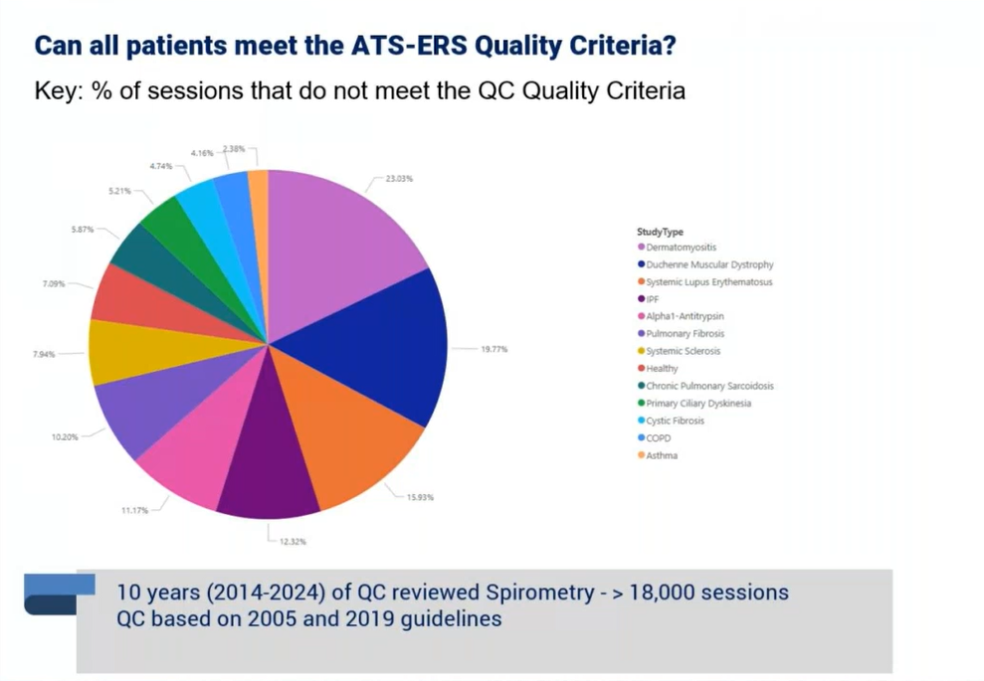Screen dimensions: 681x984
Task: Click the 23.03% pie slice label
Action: click(x=399, y=180)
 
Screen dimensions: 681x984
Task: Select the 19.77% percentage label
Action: click(x=494, y=349)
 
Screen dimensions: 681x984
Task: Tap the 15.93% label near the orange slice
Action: click(x=420, y=496)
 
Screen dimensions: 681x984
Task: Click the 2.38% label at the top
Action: click(x=234, y=148)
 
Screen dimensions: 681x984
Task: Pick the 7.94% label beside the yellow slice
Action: click(x=45, y=353)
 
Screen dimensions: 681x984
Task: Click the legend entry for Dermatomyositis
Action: click(x=681, y=247)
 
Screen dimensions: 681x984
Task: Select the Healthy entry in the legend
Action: click(x=662, y=369)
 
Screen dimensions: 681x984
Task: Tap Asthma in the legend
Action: click(x=662, y=455)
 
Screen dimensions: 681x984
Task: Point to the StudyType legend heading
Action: click(x=661, y=232)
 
